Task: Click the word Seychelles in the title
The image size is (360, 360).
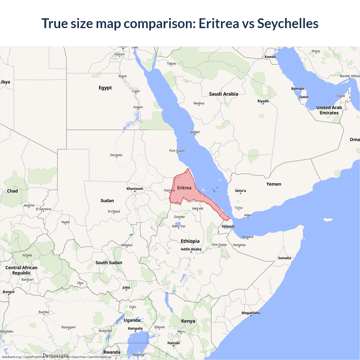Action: click(x=287, y=24)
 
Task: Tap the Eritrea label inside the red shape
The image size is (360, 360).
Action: click(x=184, y=188)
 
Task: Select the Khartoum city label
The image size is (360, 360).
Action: click(x=135, y=189)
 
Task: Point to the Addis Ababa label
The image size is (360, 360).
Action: click(x=191, y=249)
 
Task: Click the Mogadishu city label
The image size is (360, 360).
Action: click(x=251, y=313)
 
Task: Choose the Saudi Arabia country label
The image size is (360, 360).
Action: click(x=224, y=94)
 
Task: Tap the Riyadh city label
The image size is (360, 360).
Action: click(x=263, y=101)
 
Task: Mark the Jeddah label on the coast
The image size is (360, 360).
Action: click(x=195, y=132)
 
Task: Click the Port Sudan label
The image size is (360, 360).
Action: click(x=177, y=151)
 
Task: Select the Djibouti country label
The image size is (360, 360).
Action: click(x=228, y=226)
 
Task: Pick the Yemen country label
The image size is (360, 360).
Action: click(x=274, y=184)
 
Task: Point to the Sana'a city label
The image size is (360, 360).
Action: click(x=240, y=191)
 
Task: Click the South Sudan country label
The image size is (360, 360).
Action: click(x=109, y=263)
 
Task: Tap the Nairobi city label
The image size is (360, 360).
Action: click(x=174, y=343)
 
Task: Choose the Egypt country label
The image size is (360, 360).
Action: click(x=105, y=88)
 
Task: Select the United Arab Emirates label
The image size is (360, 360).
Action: click(x=329, y=110)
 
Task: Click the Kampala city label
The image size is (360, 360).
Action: click(x=135, y=328)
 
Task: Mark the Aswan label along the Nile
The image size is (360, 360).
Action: click(x=138, y=107)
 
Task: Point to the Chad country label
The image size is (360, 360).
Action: click(x=12, y=191)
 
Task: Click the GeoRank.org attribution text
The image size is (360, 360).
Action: click(x=11, y=357)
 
